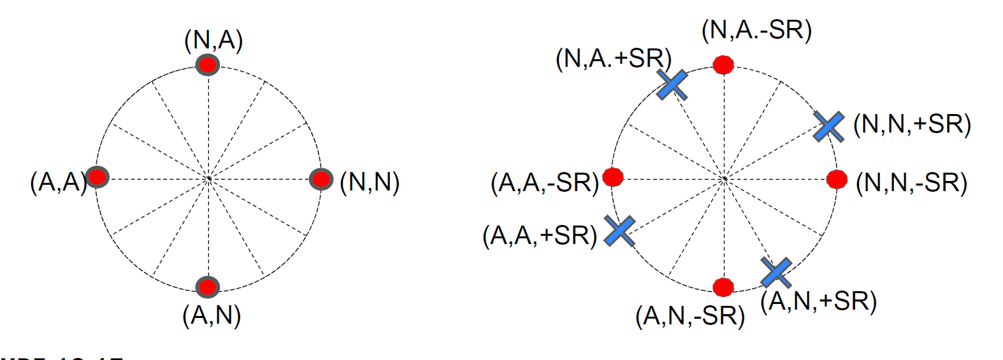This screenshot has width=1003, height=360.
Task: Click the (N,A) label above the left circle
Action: pyautogui.click(x=213, y=41)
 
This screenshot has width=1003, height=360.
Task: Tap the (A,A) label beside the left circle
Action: pyautogui.click(x=57, y=182)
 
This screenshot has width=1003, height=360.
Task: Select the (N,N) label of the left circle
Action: pyautogui.click(x=370, y=182)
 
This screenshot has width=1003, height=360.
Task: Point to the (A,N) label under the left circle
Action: pyautogui.click(x=212, y=315)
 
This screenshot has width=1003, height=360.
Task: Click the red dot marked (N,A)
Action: pyautogui.click(x=208, y=65)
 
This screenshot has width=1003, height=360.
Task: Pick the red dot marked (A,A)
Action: pyautogui.click(x=97, y=176)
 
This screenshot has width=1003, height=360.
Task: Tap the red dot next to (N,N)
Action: pyautogui.click(x=321, y=179)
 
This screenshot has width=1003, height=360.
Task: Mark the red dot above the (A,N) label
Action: pyautogui.click(x=208, y=287)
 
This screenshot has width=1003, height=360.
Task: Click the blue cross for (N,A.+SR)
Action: pyautogui.click(x=672, y=85)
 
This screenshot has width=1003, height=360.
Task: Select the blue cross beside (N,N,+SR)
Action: pyautogui.click(x=829, y=126)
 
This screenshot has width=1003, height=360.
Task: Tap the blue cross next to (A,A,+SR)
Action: pyautogui.click(x=619, y=231)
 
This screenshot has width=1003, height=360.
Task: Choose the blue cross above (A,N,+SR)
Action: pyautogui.click(x=776, y=273)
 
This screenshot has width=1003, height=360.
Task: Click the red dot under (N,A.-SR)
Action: pyautogui.click(x=723, y=64)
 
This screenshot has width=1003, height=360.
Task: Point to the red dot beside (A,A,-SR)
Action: pyautogui.click(x=613, y=176)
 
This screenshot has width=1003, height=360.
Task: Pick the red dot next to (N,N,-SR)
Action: pyautogui.click(x=837, y=179)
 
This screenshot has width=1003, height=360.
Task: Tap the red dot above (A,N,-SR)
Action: pyautogui.click(x=723, y=287)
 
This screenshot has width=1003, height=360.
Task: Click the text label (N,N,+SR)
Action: pyautogui.click(x=912, y=124)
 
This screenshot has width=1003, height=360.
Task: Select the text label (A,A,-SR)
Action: pyautogui.click(x=545, y=183)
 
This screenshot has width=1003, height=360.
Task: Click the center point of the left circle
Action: pyautogui.click(x=208, y=179)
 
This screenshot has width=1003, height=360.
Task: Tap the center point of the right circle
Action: pyautogui.click(x=724, y=179)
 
